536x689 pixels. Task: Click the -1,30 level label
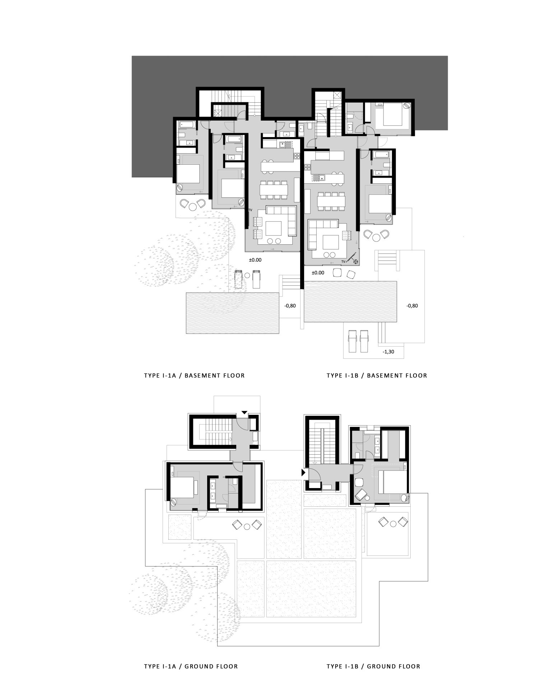[x=388, y=352]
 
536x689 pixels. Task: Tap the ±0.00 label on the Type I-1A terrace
[x=255, y=260]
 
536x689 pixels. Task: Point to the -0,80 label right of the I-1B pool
[x=412, y=306]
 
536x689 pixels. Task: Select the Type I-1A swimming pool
[x=233, y=313]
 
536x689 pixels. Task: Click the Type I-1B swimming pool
[x=350, y=301]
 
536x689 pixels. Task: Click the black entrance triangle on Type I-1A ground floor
[x=244, y=413]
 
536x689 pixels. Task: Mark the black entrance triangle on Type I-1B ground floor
[x=303, y=473]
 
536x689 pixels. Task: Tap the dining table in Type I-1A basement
[x=274, y=189]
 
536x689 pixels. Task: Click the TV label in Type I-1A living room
[x=250, y=210]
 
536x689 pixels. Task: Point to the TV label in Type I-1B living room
[x=344, y=262]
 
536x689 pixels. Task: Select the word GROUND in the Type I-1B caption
[x=379, y=666]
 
